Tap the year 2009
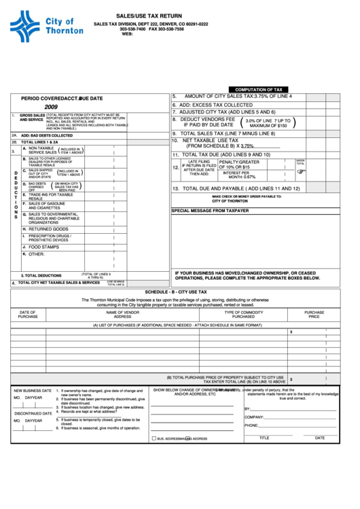[51, 107]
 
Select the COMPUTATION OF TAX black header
[259, 89]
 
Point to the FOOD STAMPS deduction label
[43, 247]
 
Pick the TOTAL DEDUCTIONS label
[41, 275]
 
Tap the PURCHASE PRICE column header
[314, 315]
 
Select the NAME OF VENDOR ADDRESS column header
[123, 315]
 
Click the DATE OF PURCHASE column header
[28, 315]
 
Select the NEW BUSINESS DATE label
[33, 391]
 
